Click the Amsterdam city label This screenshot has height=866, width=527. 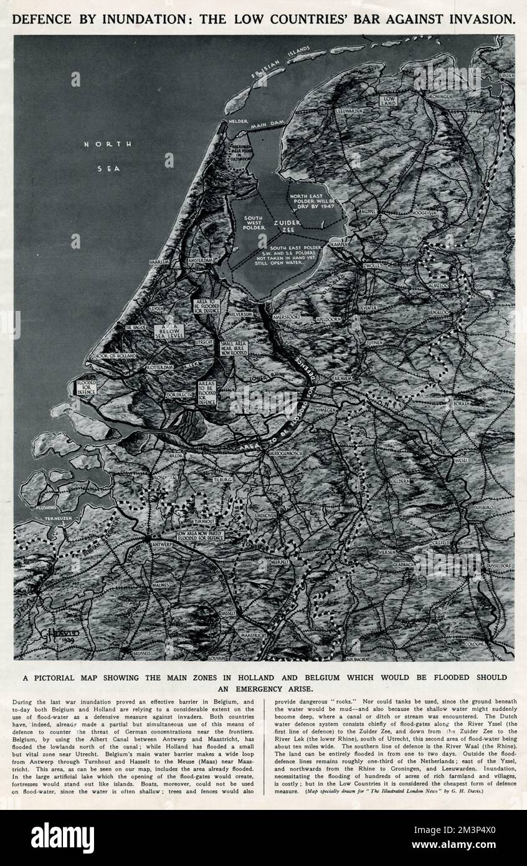(x=200, y=260)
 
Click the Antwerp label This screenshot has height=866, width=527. (x=161, y=544)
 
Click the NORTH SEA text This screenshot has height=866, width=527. (x=108, y=155)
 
